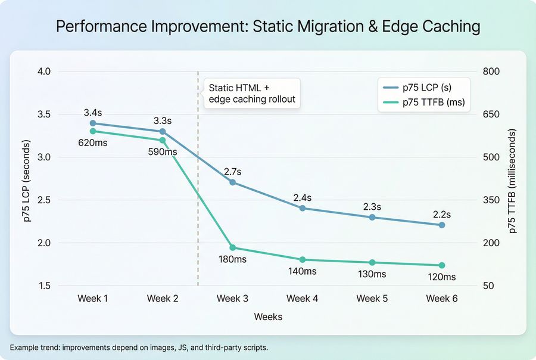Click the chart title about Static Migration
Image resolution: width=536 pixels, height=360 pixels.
(267, 26)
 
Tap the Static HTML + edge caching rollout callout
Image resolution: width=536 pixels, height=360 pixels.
(252, 93)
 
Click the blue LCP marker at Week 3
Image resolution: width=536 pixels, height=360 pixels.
(233, 182)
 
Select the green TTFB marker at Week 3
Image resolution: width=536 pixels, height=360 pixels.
(233, 248)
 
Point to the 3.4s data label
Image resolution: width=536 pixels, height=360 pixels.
(93, 111)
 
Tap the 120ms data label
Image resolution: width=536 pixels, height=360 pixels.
(441, 277)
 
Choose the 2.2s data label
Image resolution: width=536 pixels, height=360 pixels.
(441, 214)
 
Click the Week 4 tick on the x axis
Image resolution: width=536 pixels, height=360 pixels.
(302, 298)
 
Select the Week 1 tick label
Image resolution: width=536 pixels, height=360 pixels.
(93, 298)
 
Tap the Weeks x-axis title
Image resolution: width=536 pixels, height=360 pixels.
(267, 316)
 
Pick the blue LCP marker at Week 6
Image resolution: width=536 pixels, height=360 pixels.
(441, 225)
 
